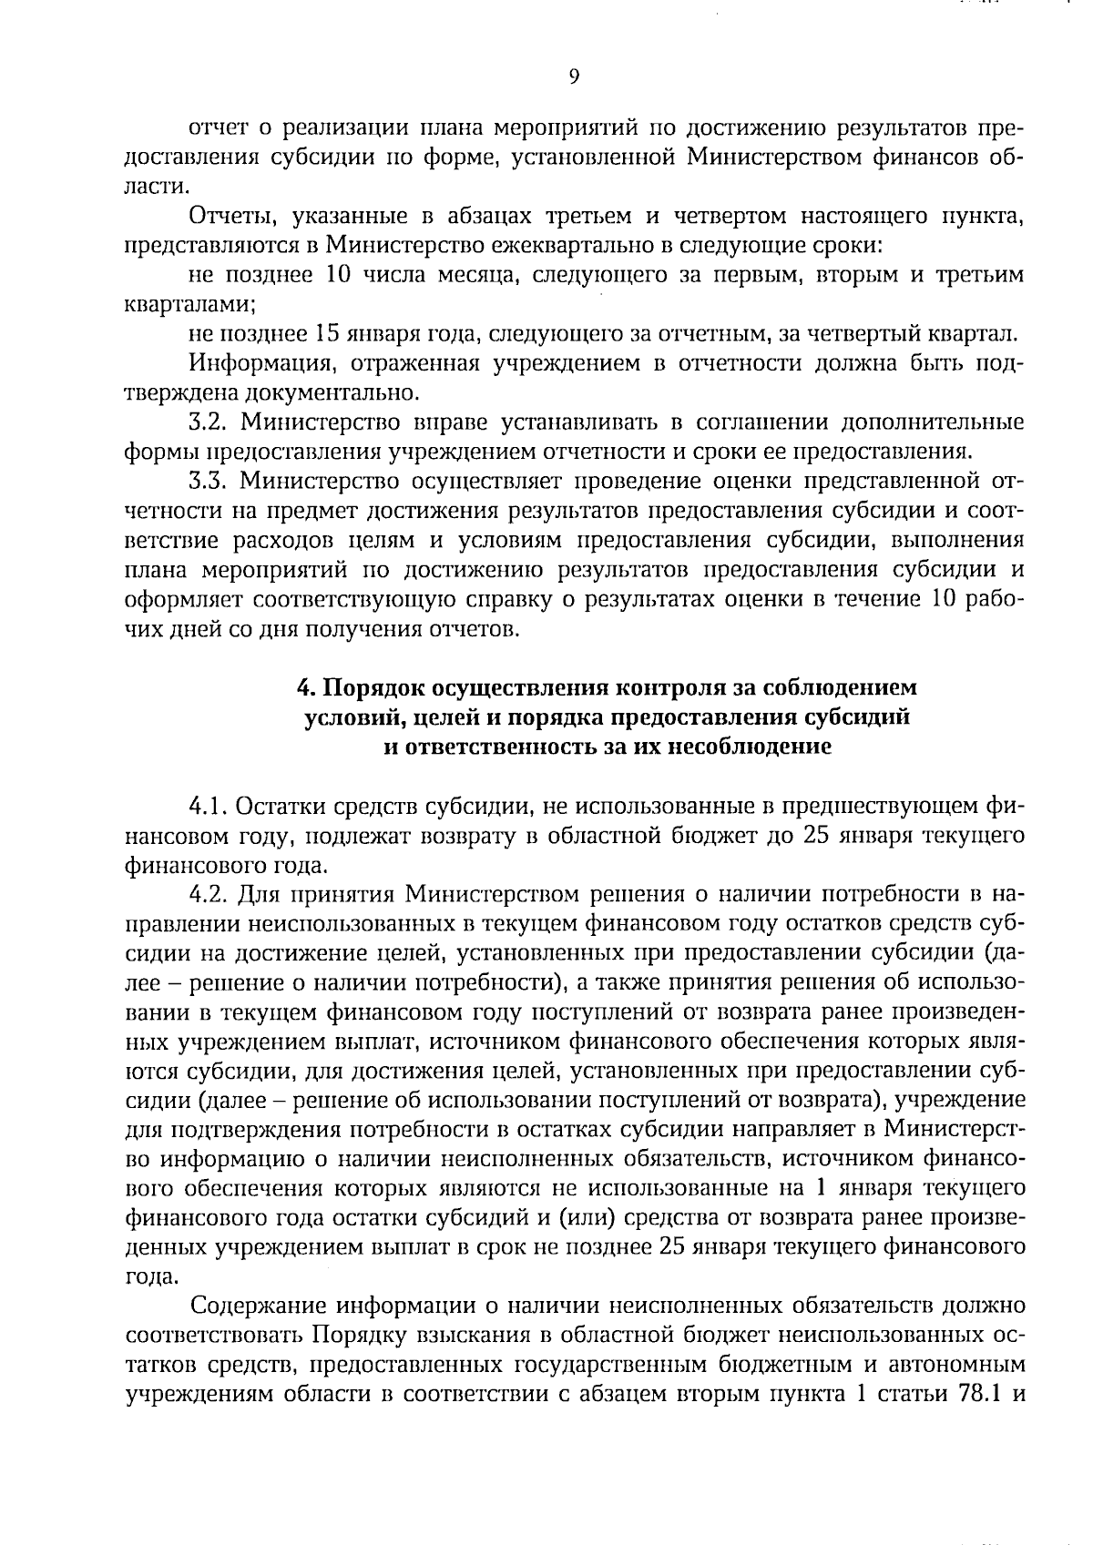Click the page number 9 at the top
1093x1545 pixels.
point(574,77)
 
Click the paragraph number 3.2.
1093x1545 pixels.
point(209,422)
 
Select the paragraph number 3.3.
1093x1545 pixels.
point(209,481)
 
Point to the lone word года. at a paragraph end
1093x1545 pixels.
point(151,1276)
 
